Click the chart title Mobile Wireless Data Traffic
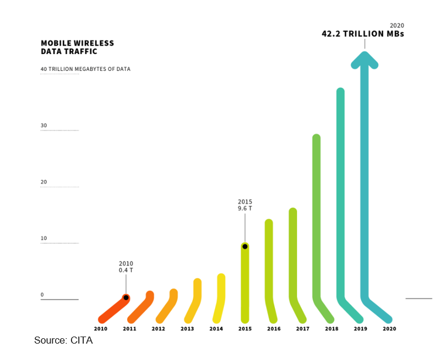tap(77, 47)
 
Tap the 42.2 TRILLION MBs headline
tap(363, 34)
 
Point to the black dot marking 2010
tap(126, 298)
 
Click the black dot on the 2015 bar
tap(245, 246)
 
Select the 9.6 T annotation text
tap(245, 209)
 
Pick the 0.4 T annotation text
tap(126, 271)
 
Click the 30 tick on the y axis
tap(44, 125)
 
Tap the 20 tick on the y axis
tap(44, 182)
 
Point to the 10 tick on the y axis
tap(44, 238)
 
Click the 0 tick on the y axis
tap(42, 295)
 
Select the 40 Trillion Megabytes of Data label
tap(86, 69)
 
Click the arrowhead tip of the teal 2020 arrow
tap(364, 54)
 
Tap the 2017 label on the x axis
tap(302, 329)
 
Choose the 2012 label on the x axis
tap(158, 329)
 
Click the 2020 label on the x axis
tap(389, 329)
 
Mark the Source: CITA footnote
tap(63, 341)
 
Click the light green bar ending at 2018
tap(316, 223)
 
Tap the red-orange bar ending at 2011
tap(114, 308)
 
